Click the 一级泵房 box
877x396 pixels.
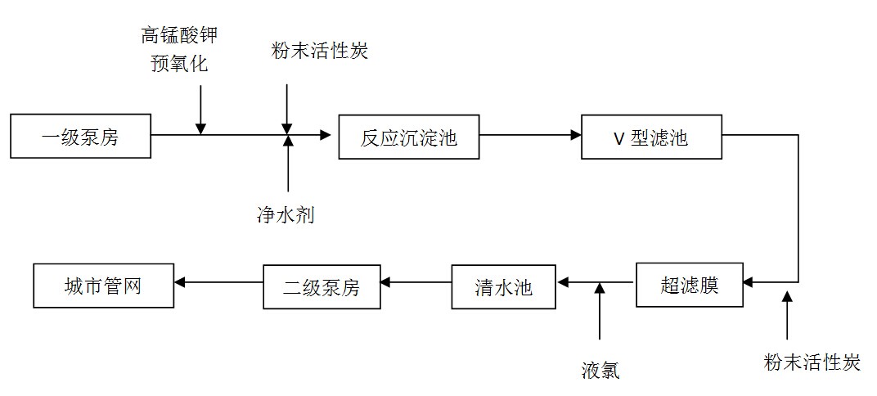[x=81, y=137]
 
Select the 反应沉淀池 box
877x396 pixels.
[x=408, y=137]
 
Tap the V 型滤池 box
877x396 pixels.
[x=651, y=137]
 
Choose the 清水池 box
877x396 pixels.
[x=503, y=286]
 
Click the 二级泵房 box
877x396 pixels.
[x=322, y=286]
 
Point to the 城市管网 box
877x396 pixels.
[x=103, y=286]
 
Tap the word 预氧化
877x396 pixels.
[x=179, y=63]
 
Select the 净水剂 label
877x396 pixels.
[x=286, y=215]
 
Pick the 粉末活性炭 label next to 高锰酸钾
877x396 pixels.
[x=320, y=51]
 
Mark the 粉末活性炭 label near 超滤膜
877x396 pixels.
[x=812, y=362]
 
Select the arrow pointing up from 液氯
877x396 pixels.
[x=600, y=311]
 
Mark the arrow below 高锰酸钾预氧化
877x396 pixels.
[x=200, y=106]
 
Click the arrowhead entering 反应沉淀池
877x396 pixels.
[x=326, y=135]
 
